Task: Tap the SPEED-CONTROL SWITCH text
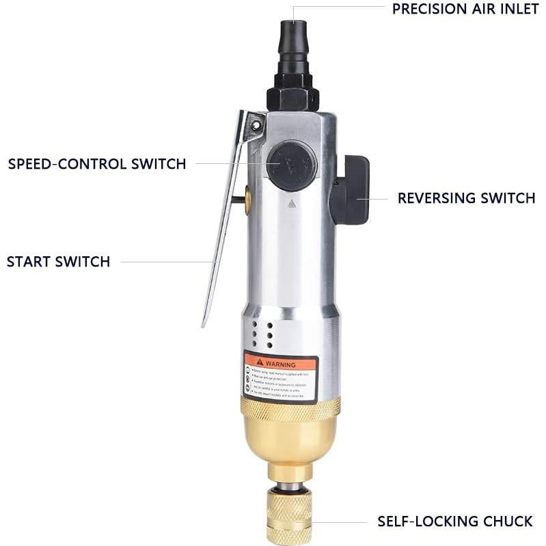point(96,164)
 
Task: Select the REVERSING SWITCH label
point(466,198)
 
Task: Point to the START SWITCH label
point(58,262)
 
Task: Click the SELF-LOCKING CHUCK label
point(454,521)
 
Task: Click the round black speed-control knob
point(292,165)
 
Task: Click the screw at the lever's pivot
point(256,125)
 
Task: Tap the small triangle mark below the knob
point(292,203)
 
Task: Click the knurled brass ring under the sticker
point(290,408)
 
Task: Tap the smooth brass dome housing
point(290,441)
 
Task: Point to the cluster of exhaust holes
point(263,335)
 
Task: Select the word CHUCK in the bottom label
point(507,521)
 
